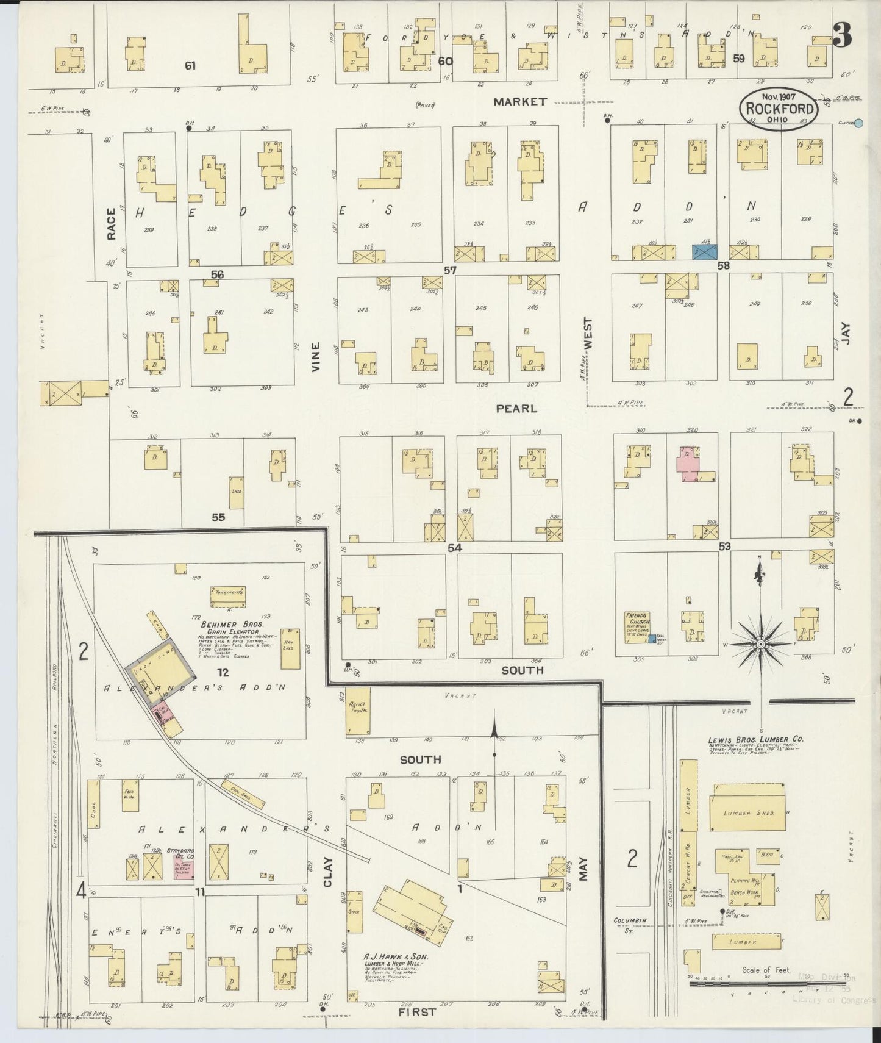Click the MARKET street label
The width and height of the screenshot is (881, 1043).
tap(520, 102)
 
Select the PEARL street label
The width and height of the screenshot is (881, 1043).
tap(516, 408)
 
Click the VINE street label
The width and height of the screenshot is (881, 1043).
tap(315, 356)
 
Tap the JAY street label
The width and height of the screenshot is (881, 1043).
tap(845, 334)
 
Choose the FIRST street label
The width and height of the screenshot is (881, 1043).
tap(418, 1011)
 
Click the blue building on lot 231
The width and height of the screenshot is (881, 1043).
tap(704, 251)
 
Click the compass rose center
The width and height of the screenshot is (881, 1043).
tap(761, 644)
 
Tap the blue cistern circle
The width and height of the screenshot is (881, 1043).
tap(858, 123)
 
